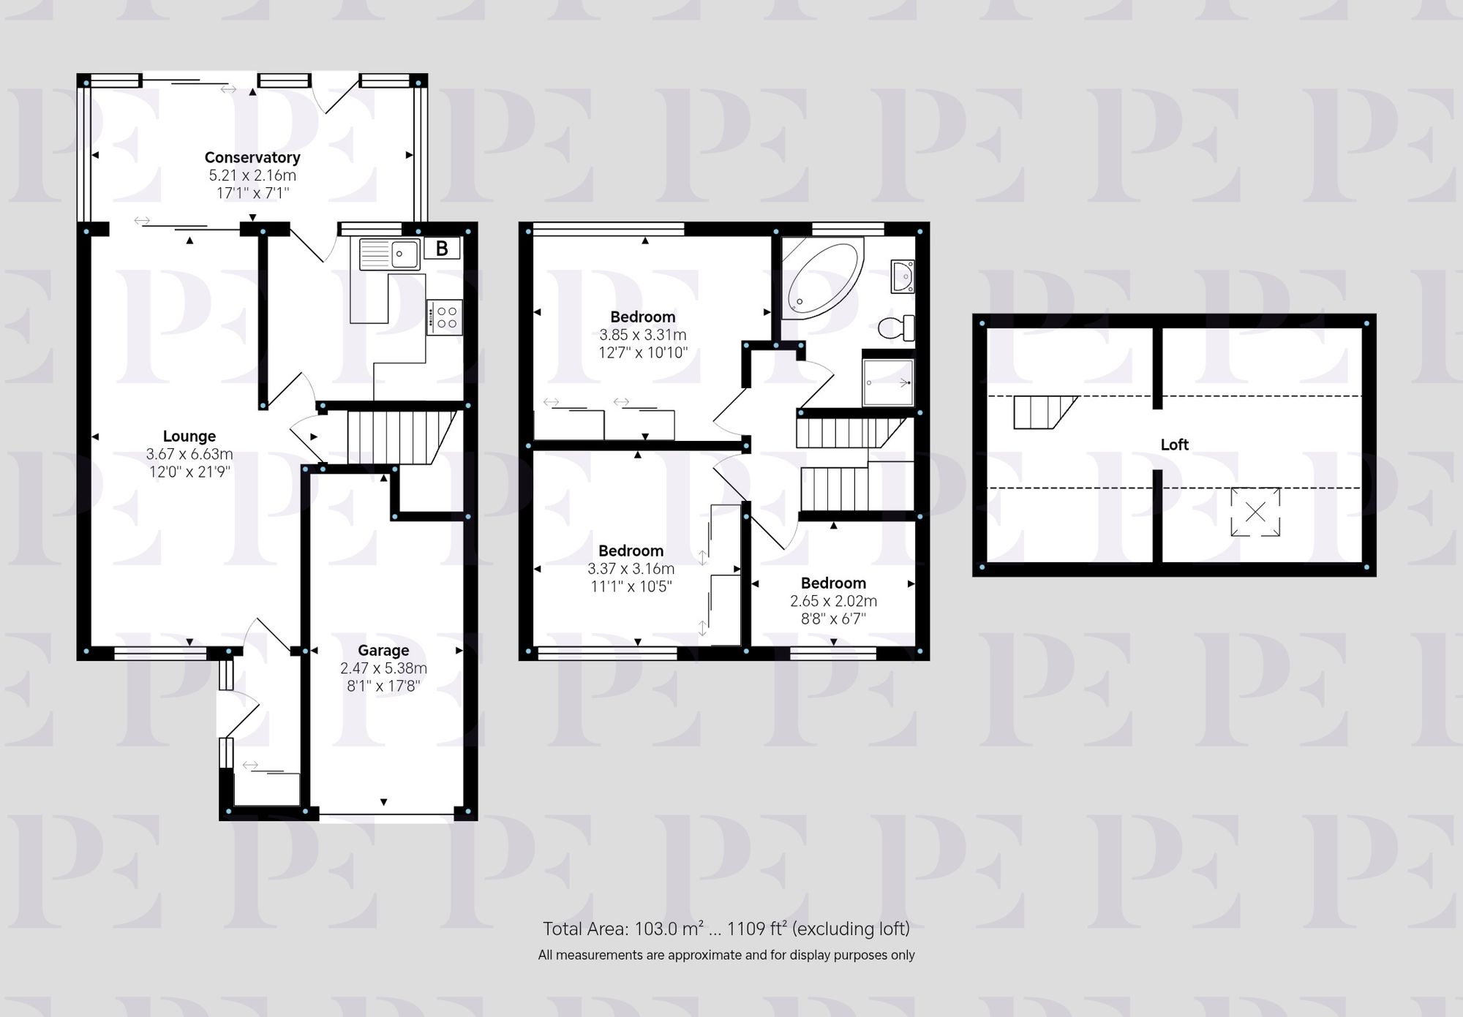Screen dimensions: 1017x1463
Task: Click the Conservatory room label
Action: click(x=252, y=157)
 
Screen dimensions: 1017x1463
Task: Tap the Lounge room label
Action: click(x=189, y=436)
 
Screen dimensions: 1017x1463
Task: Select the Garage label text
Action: click(x=383, y=650)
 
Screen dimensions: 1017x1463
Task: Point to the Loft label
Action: click(x=1174, y=445)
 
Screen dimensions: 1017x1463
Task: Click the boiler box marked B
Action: click(x=442, y=249)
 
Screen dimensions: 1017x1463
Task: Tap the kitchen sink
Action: click(x=389, y=254)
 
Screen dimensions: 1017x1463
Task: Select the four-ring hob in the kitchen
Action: click(x=445, y=317)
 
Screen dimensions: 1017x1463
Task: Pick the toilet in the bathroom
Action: click(x=897, y=328)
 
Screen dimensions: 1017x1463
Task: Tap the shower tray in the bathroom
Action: click(x=888, y=382)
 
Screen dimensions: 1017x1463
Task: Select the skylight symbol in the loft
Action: click(x=1255, y=512)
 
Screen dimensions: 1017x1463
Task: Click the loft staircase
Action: click(x=1042, y=412)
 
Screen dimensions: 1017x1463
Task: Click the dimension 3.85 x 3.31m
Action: click(x=643, y=335)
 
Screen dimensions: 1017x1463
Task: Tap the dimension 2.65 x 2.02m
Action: click(x=833, y=601)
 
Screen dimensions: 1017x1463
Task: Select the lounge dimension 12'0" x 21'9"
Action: click(x=189, y=472)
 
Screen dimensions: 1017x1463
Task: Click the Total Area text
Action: click(x=726, y=929)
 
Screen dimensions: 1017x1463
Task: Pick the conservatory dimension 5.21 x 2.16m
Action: click(x=252, y=175)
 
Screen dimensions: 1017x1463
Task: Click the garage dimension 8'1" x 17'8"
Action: click(x=383, y=686)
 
